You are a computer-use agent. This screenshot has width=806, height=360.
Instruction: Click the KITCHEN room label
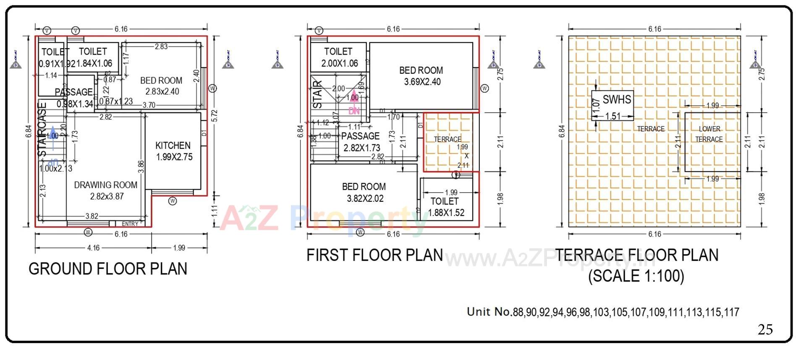point(173,151)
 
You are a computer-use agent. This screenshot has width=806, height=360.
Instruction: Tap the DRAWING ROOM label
point(106,190)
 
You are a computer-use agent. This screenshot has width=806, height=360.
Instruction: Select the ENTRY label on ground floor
point(130,224)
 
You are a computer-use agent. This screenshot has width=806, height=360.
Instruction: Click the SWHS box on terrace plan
point(612,105)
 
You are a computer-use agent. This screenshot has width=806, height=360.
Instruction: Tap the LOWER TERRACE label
point(709,134)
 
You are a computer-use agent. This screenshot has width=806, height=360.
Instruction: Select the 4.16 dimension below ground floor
point(93,248)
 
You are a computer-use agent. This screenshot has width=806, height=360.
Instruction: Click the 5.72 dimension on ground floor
point(215,116)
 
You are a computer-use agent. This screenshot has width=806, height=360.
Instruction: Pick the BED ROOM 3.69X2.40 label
point(421,76)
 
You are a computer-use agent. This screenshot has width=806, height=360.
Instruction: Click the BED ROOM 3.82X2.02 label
point(364,193)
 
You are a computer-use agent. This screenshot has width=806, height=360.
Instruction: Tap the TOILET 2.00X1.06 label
point(339,57)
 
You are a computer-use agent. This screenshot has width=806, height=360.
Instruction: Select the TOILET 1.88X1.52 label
point(446,207)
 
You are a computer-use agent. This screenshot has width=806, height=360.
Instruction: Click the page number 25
point(765,329)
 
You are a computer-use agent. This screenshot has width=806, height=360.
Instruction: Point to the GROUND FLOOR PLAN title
point(108,269)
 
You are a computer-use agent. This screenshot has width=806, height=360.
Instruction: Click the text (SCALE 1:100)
point(636,276)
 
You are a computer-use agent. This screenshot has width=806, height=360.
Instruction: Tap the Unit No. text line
point(603,312)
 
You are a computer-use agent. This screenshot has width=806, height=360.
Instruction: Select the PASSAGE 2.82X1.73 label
point(361,142)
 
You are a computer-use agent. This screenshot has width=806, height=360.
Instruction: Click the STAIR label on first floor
point(318,95)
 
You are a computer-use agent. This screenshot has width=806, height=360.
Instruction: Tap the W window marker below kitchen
point(173,201)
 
